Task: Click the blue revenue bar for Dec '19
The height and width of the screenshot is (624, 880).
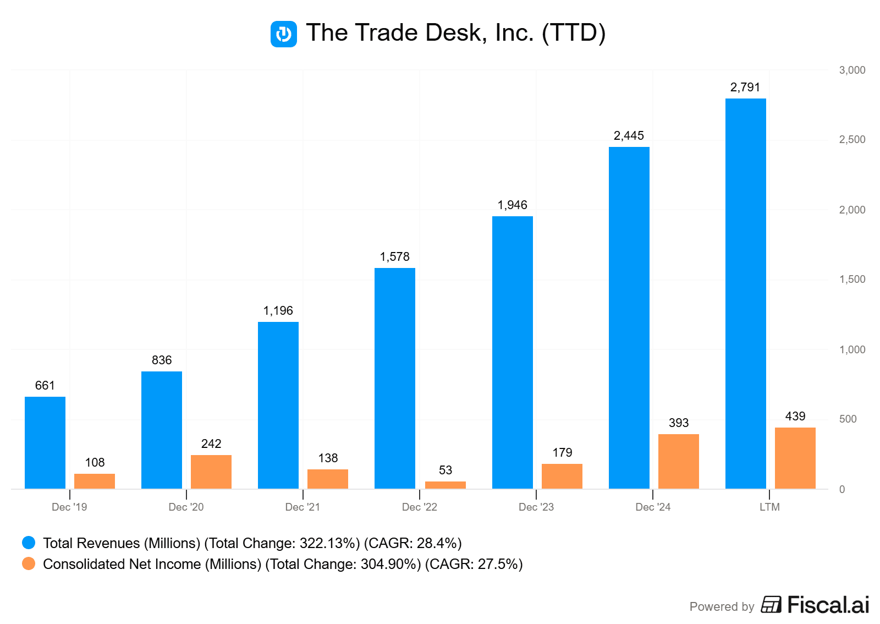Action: [x=45, y=442]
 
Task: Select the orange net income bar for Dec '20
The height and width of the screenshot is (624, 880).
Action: [x=211, y=472]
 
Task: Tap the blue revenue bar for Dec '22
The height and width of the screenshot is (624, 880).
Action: [x=395, y=378]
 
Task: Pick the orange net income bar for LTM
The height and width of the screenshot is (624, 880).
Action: [x=795, y=458]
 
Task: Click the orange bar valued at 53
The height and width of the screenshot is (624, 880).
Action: [x=446, y=485]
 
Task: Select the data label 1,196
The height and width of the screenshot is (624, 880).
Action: [x=278, y=311]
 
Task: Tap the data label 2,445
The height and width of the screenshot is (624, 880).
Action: [x=629, y=136]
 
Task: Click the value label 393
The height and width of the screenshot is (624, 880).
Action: [x=679, y=423]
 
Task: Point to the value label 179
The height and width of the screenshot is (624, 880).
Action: [x=562, y=452]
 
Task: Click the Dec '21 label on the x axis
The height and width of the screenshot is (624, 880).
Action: [x=302, y=507]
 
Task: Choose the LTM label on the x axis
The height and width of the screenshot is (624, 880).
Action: [x=769, y=507]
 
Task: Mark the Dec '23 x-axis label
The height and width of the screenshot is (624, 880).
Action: [x=536, y=507]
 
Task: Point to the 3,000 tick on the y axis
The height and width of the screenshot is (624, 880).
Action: [x=852, y=70]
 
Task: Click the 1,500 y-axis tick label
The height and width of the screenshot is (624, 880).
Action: [x=852, y=280]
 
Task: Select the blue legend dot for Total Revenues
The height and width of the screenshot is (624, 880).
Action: [x=29, y=543]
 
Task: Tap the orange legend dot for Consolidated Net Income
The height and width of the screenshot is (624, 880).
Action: [x=29, y=563]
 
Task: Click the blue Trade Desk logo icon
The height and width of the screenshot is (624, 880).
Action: [x=284, y=34]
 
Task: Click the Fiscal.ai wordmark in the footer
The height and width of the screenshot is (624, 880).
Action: [x=828, y=605]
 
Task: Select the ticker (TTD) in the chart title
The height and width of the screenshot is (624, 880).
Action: [x=574, y=33]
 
